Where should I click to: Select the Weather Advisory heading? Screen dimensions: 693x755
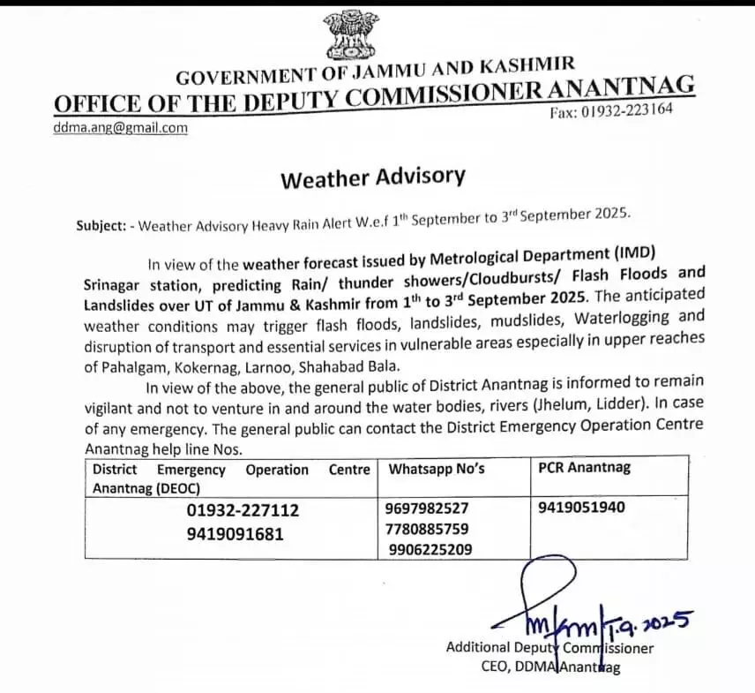click(x=371, y=177)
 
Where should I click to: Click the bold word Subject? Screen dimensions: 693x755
click(x=100, y=225)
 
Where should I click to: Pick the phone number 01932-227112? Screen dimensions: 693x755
click(x=243, y=510)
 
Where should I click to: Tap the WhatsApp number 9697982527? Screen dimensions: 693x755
click(x=427, y=508)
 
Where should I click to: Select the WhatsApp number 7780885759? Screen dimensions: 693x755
click(x=427, y=529)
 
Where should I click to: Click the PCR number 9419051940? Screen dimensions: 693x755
click(x=581, y=508)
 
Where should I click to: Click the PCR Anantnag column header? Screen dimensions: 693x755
click(x=584, y=468)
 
